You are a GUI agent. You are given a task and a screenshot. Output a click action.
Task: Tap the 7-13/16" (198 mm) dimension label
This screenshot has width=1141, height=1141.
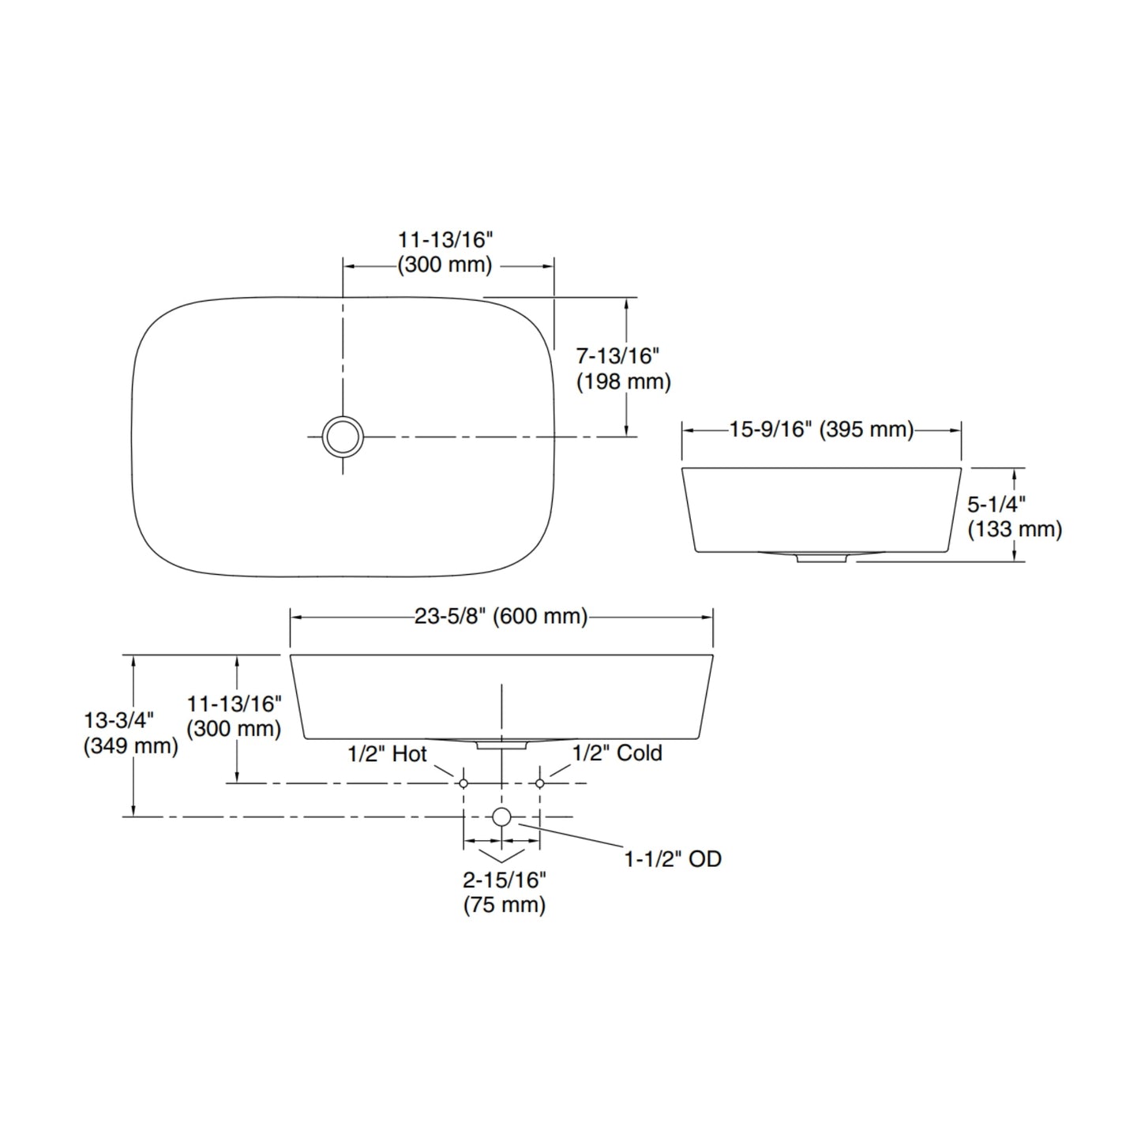(624, 370)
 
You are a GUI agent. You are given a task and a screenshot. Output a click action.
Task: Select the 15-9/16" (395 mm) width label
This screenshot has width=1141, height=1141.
(821, 430)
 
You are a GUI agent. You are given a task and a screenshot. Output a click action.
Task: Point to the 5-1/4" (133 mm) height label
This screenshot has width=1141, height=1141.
(1015, 517)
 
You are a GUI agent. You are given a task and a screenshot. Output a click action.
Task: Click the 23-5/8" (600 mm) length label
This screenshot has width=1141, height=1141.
(501, 617)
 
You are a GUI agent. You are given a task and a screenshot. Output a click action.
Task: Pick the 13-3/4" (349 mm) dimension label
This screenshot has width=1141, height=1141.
(131, 733)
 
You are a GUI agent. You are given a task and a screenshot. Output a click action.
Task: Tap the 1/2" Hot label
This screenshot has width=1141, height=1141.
(387, 754)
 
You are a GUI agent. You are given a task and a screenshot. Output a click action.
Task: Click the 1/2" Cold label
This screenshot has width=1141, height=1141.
(617, 753)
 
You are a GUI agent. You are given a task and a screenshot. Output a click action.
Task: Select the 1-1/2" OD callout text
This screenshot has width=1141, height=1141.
(674, 859)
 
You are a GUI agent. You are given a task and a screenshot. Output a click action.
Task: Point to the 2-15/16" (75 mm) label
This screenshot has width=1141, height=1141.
(505, 892)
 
